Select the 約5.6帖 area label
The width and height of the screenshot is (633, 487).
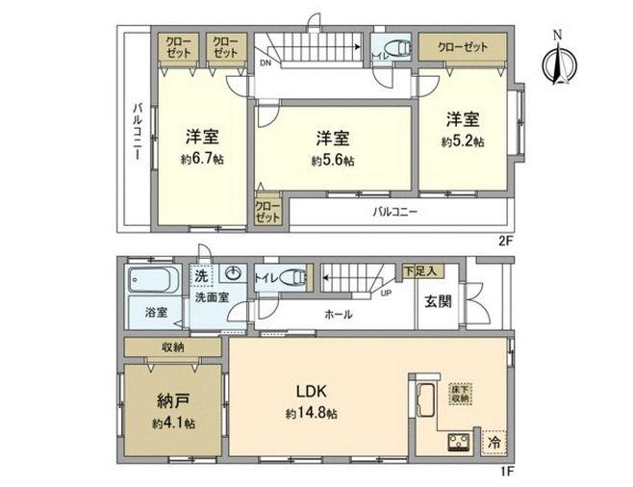(x=332, y=161)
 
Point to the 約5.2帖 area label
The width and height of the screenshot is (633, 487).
(x=464, y=141)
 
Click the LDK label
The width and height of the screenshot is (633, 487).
(x=312, y=392)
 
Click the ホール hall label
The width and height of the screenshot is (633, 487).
(x=338, y=315)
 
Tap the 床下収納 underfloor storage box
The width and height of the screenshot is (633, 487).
(x=461, y=394)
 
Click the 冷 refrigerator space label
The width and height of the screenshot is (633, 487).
(x=491, y=443)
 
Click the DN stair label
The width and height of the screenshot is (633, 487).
(x=265, y=63)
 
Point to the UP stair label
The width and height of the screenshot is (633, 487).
(x=386, y=292)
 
